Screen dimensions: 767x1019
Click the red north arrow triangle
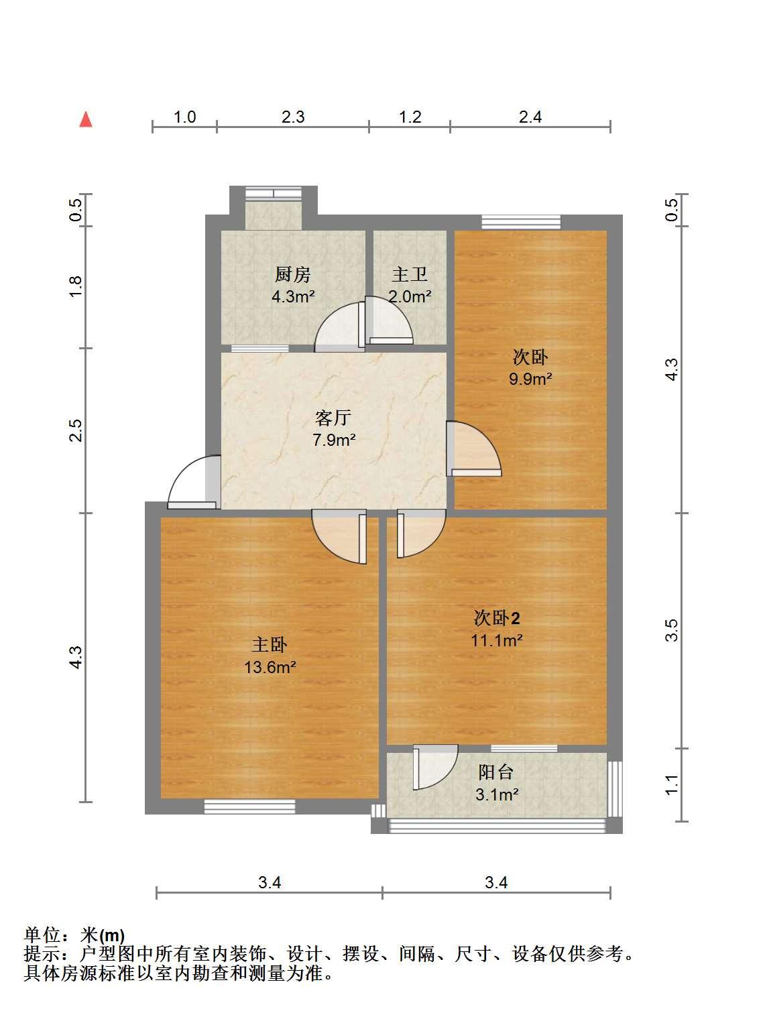(86, 119)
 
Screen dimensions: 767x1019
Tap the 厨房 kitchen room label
(292, 274)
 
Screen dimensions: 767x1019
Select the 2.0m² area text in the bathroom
(410, 296)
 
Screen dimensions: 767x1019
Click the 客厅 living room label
(333, 418)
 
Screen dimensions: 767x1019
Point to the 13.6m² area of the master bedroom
(270, 667)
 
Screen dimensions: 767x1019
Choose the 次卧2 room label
(497, 618)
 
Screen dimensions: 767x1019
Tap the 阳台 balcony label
(496, 772)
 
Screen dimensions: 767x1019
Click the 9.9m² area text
(530, 379)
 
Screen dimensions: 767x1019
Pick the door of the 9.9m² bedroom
(474, 448)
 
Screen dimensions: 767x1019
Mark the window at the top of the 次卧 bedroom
(521, 222)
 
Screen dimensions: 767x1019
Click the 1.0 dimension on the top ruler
(185, 117)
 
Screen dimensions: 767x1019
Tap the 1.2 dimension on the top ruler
(410, 117)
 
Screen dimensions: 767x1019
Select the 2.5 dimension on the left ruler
(75, 430)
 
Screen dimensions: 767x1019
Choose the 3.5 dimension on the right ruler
(671, 630)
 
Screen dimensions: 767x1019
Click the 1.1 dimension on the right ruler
(671, 786)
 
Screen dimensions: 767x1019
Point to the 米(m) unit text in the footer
(102, 935)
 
